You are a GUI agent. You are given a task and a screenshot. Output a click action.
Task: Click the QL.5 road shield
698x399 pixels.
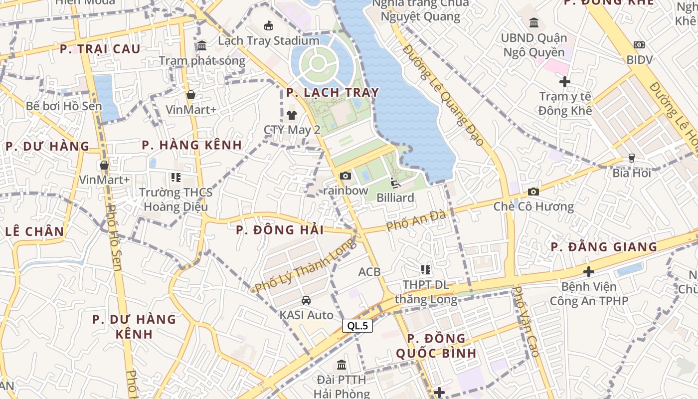point(357,326)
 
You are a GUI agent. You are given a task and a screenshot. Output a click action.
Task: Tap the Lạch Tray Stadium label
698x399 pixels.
point(269,40)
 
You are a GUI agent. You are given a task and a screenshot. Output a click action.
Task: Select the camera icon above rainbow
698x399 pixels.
point(345,176)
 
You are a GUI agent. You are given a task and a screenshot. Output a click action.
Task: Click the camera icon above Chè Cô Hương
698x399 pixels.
point(533,192)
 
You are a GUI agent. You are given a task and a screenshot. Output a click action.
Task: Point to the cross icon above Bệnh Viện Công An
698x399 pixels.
point(589,272)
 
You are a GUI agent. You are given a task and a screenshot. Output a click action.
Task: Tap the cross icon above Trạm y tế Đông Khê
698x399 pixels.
point(564,81)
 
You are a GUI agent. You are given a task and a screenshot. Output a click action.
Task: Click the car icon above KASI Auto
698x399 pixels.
point(306,300)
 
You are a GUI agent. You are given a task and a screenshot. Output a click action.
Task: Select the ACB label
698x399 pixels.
point(369,272)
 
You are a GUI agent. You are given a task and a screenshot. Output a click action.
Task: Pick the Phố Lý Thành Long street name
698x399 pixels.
point(306,265)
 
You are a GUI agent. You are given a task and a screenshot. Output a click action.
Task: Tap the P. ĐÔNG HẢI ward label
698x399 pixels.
point(280,230)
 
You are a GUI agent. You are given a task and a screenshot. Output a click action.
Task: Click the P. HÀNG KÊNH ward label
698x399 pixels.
point(192,145)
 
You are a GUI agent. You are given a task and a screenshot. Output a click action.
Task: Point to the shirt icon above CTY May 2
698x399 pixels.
point(292,115)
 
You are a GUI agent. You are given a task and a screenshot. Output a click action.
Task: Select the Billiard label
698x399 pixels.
point(395,198)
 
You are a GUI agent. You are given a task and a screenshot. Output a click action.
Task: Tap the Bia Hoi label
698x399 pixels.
point(632,173)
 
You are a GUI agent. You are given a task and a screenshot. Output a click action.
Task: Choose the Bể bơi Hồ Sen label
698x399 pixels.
point(64,106)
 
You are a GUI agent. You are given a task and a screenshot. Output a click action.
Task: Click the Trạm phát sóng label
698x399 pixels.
point(202,61)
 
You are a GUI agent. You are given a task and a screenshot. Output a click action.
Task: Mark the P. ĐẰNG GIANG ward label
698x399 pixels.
point(604,247)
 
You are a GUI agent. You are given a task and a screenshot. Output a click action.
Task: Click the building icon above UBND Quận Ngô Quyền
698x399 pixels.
point(534,22)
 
